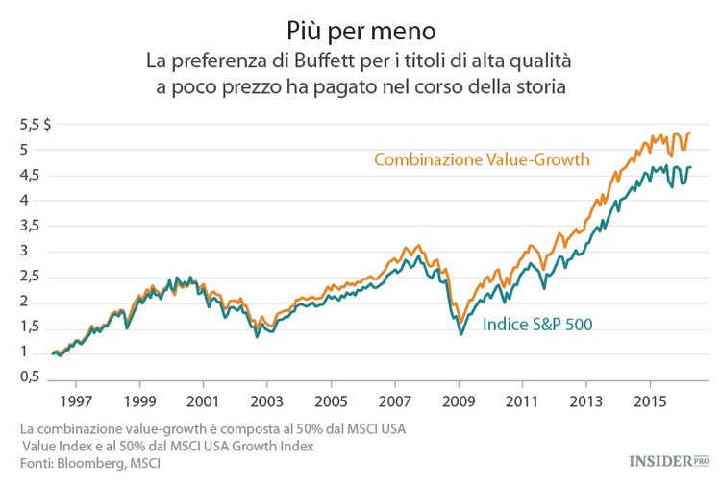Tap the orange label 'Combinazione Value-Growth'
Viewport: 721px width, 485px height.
pyautogui.click(x=482, y=159)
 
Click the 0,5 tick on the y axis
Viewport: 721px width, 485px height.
pyautogui.click(x=31, y=378)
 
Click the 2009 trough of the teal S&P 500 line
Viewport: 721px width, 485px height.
pyautogui.click(x=461, y=333)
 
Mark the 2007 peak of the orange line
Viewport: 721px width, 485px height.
pyautogui.click(x=406, y=247)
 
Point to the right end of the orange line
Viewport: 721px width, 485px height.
pyautogui.click(x=690, y=133)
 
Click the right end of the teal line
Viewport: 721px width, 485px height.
pyautogui.click(x=690, y=168)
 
